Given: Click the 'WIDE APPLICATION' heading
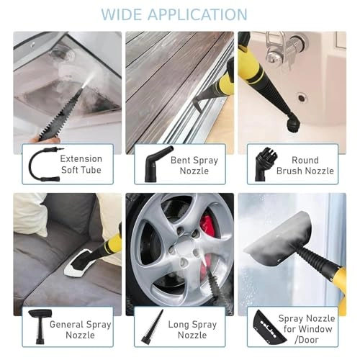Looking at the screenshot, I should pyautogui.click(x=174, y=14).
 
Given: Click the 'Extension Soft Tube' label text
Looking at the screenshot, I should pyautogui.click(x=81, y=164).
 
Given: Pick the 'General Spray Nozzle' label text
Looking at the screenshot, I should pyautogui.click(x=81, y=330).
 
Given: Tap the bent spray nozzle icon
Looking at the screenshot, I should pyautogui.click(x=155, y=165).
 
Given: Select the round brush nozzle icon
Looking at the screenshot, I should pyautogui.click(x=264, y=163).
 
